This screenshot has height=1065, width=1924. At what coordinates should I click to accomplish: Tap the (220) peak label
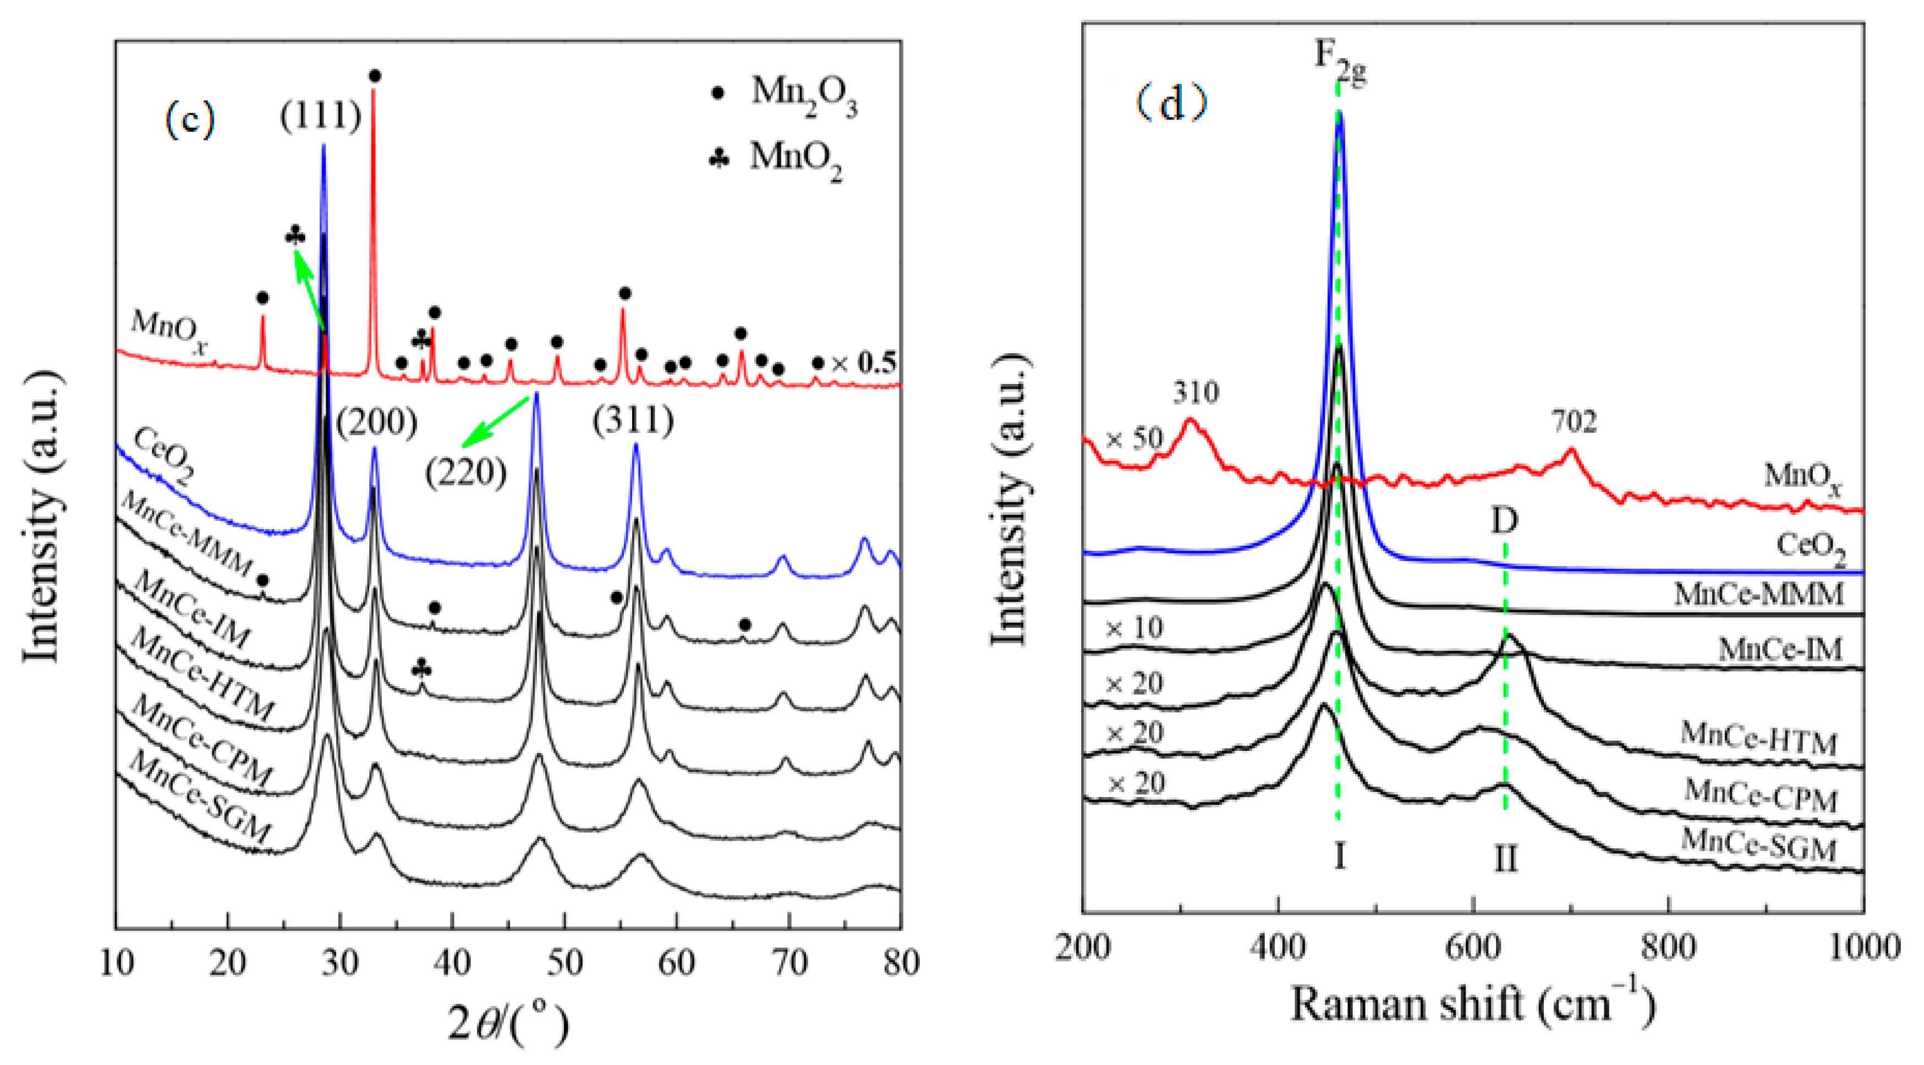point(466,473)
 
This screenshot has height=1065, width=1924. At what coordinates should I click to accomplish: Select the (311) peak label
point(633,421)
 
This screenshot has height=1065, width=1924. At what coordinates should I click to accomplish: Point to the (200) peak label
point(376,422)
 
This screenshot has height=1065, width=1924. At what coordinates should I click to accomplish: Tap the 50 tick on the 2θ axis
point(564,963)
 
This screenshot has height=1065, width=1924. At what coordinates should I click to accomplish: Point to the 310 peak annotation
point(1196,392)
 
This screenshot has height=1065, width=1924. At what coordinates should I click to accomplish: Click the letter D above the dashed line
point(1504,520)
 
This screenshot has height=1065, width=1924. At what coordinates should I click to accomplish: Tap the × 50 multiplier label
point(1134,439)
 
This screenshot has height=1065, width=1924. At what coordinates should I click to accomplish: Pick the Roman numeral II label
point(1505,860)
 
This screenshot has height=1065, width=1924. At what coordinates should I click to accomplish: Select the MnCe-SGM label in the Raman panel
point(1758,846)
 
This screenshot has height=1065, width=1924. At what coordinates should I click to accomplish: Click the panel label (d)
point(1171,105)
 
